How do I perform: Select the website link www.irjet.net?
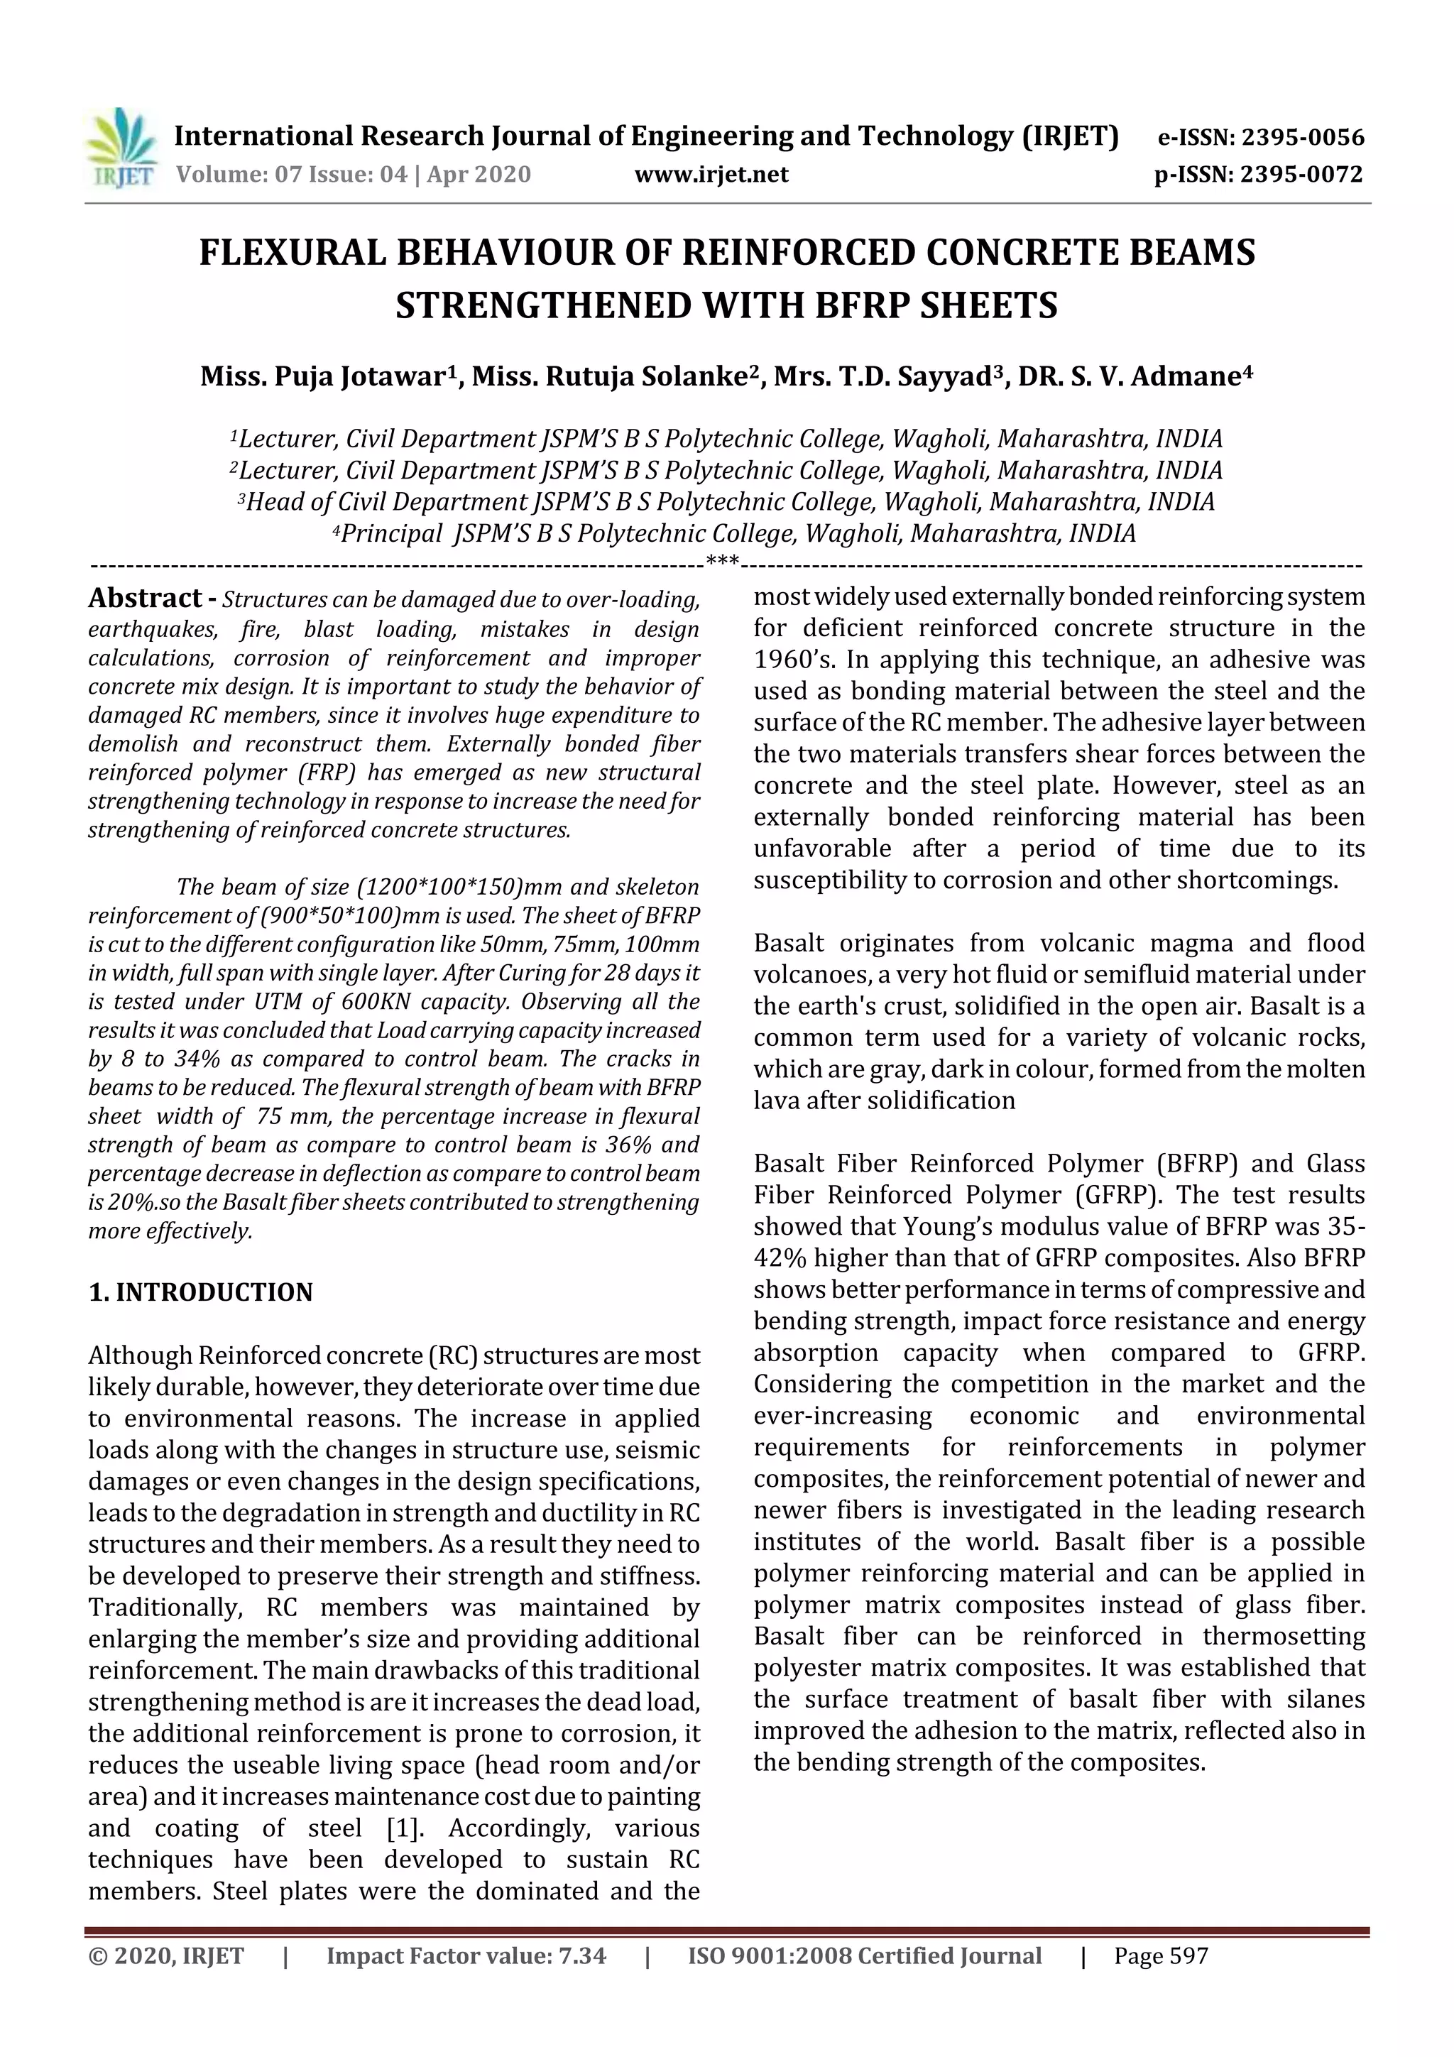point(711,174)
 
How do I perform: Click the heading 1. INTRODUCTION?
point(201,1292)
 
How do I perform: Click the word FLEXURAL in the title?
point(291,253)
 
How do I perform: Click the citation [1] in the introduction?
point(403,1828)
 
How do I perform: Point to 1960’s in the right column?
point(791,660)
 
